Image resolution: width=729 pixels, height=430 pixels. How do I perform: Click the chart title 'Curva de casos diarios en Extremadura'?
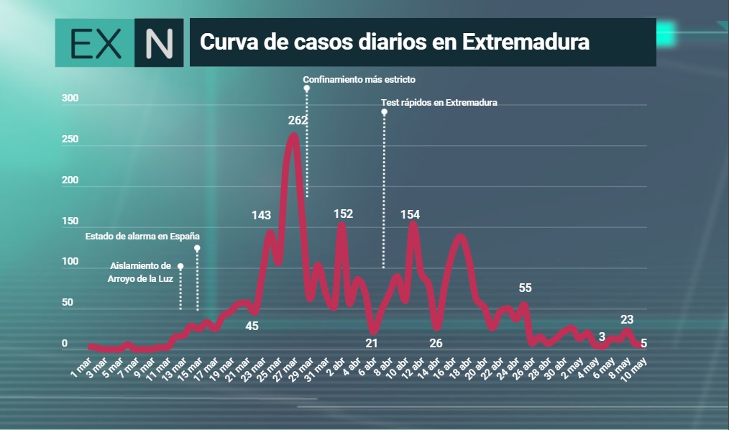(x=394, y=42)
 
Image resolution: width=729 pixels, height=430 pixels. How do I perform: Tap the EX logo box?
(x=95, y=42)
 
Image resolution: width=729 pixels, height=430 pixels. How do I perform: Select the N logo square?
(x=159, y=42)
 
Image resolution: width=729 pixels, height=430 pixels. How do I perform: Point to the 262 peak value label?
(x=298, y=120)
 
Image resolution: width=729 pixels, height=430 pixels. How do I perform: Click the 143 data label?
(x=261, y=215)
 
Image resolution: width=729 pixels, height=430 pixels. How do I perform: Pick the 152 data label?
(x=343, y=214)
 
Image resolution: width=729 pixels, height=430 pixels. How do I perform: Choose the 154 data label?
(x=410, y=214)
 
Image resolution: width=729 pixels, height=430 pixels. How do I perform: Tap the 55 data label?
(x=525, y=288)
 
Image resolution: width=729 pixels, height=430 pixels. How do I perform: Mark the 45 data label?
(x=252, y=326)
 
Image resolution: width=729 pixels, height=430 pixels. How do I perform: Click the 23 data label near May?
(x=627, y=319)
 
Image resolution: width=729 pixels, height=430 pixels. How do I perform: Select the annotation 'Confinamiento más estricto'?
(x=359, y=80)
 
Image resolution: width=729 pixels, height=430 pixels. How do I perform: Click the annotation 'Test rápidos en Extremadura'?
(x=439, y=102)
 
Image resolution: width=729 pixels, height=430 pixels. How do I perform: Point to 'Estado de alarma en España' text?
(x=142, y=236)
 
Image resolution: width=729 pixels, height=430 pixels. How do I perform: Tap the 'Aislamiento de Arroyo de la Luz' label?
(x=140, y=273)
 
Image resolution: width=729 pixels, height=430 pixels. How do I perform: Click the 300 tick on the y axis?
(x=70, y=98)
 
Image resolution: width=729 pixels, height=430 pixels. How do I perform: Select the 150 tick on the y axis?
(x=70, y=221)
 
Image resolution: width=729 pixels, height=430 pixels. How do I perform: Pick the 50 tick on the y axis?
(x=68, y=302)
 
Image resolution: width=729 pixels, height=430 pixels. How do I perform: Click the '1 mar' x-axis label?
(x=81, y=367)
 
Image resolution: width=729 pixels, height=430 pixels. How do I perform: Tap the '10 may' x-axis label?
(x=633, y=369)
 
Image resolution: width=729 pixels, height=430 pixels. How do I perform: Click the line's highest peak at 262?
(x=293, y=135)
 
